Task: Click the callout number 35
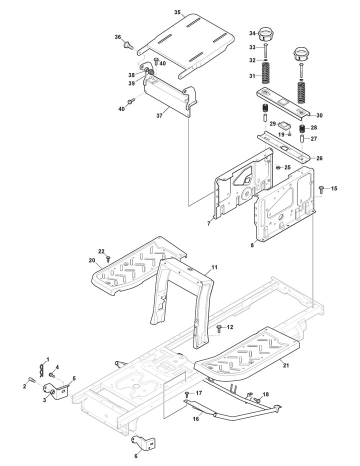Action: [x=177, y=12]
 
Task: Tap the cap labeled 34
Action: [x=263, y=34]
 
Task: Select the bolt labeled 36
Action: [x=128, y=46]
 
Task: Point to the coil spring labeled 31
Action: [x=265, y=73]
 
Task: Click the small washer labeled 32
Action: [x=265, y=60]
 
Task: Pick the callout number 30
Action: [x=319, y=115]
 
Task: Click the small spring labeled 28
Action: [x=302, y=129]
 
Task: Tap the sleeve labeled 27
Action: [x=302, y=139]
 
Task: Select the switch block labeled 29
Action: [x=285, y=125]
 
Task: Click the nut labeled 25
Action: [x=278, y=168]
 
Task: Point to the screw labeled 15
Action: [x=321, y=189]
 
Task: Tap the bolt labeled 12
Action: [x=219, y=328]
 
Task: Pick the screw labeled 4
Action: [x=51, y=374]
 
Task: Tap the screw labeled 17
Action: [x=186, y=394]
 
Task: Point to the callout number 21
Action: [x=285, y=366]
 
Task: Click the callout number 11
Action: [x=214, y=267]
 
